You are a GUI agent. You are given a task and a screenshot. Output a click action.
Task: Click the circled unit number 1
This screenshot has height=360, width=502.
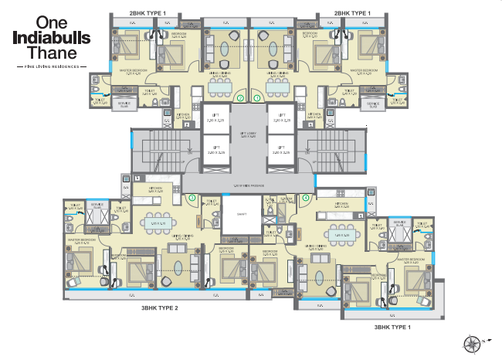257,98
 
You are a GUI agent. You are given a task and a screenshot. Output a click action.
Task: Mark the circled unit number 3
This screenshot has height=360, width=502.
192,199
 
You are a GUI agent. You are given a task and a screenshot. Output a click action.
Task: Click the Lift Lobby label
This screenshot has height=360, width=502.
249,133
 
